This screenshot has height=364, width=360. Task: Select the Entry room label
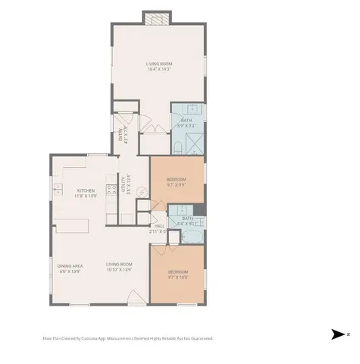point(121,136)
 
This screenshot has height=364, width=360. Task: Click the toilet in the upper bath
point(175,145)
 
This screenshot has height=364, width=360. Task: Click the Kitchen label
point(86,193)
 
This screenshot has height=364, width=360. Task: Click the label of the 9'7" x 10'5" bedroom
point(177,274)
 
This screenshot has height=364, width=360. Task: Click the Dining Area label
point(70,268)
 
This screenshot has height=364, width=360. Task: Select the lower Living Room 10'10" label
point(119,266)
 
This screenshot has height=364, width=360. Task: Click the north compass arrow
point(338,334)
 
